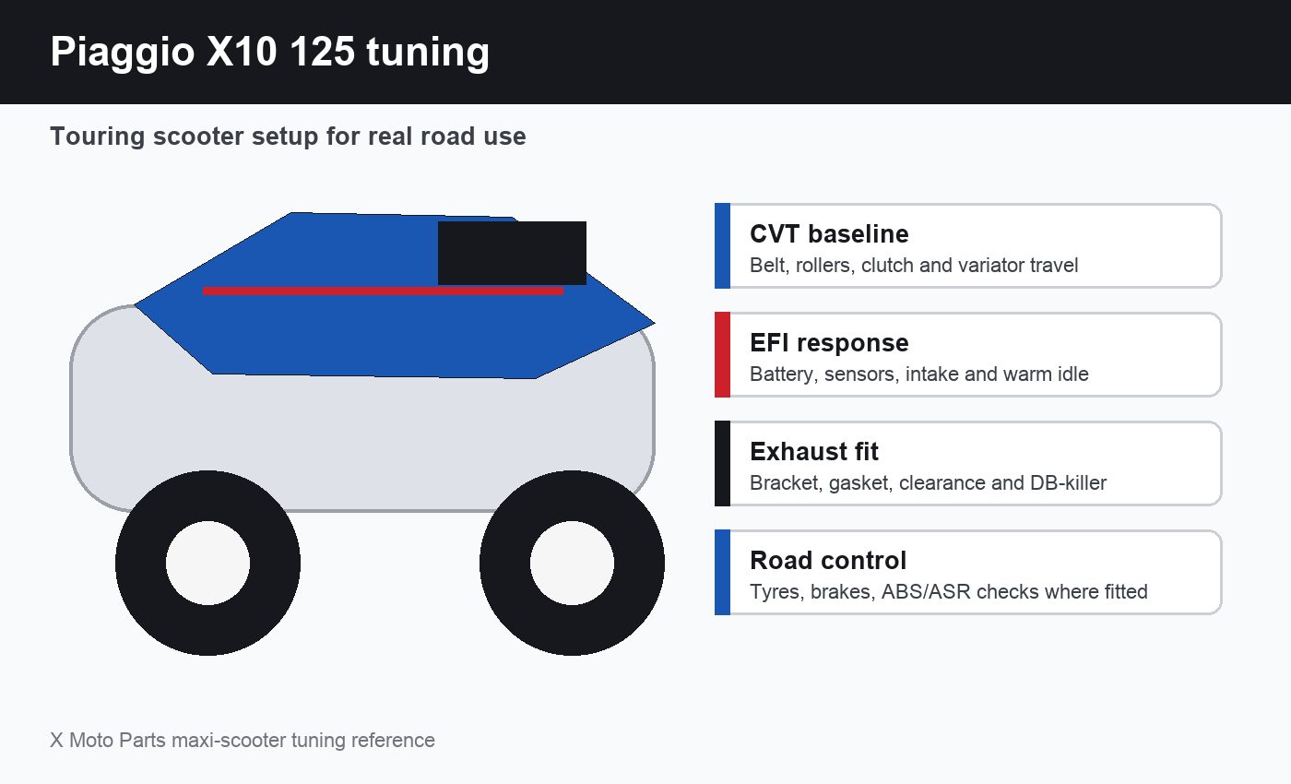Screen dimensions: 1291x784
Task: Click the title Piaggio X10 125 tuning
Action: point(269,53)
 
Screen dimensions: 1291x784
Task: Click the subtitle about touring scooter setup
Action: point(288,137)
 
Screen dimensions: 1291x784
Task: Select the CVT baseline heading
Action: point(829,234)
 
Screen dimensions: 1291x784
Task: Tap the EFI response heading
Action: point(829,343)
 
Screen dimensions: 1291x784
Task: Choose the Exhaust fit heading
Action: point(813,451)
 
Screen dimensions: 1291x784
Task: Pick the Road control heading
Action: point(828,561)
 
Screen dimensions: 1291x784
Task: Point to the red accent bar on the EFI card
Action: point(722,354)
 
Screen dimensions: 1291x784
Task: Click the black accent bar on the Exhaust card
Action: point(722,463)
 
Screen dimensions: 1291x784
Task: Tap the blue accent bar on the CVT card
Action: point(722,245)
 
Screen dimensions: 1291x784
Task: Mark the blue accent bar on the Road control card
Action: point(722,573)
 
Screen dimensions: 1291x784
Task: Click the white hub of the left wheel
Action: point(208,564)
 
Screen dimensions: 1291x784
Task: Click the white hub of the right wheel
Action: point(572,564)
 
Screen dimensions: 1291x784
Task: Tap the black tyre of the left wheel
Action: point(141,564)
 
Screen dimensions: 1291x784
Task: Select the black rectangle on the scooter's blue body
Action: point(512,253)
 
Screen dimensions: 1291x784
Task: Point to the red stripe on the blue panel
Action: point(383,291)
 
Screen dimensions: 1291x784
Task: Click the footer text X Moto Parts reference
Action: point(242,740)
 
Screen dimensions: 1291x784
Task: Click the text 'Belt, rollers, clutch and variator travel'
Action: point(914,266)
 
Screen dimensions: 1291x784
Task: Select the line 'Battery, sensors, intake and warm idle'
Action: point(918,374)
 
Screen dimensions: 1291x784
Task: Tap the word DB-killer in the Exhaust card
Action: point(1068,483)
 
